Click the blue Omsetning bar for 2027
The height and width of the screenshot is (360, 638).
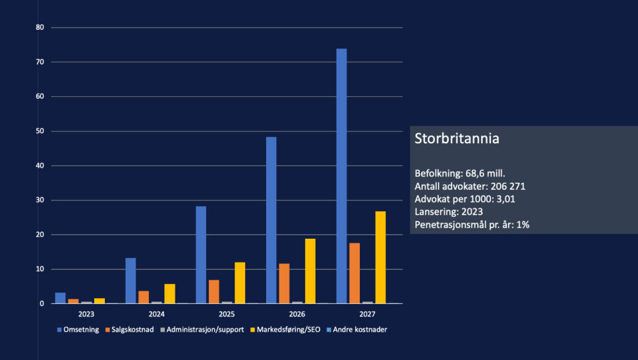pyautogui.click(x=341, y=176)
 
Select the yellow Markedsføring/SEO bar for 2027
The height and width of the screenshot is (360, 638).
pyautogui.click(x=380, y=257)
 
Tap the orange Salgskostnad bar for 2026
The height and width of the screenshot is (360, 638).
pyautogui.click(x=284, y=284)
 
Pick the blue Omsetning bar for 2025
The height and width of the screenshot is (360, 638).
pyautogui.click(x=201, y=255)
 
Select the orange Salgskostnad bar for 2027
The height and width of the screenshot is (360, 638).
pyautogui.click(x=355, y=273)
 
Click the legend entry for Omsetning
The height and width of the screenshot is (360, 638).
pyautogui.click(x=78, y=330)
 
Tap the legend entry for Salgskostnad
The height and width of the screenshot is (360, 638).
pyautogui.click(x=131, y=330)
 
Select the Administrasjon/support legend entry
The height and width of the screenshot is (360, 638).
pyautogui.click(x=202, y=330)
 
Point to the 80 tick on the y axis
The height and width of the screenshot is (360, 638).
pyautogui.click(x=40, y=28)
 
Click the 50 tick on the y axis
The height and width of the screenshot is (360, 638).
pyautogui.click(x=40, y=131)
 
